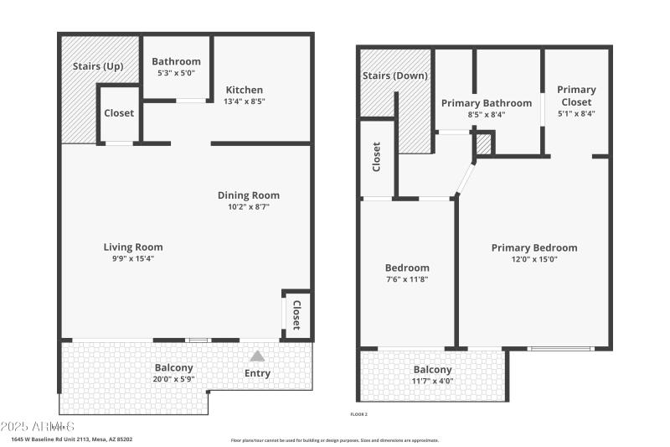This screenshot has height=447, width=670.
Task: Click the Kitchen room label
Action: click(x=244, y=90)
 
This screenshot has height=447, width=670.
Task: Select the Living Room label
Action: click(x=133, y=247)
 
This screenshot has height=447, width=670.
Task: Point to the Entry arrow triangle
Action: click(x=257, y=356)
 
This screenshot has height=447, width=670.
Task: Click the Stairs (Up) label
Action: click(x=92, y=66)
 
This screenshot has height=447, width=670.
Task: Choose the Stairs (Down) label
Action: click(x=394, y=75)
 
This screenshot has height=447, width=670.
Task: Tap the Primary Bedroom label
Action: click(x=533, y=247)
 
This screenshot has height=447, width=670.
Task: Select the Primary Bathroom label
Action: click(x=486, y=103)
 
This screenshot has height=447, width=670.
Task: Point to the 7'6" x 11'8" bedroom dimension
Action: click(x=407, y=279)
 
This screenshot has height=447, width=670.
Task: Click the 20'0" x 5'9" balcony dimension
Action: click(x=174, y=379)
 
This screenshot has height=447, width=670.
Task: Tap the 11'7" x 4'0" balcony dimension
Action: click(x=432, y=381)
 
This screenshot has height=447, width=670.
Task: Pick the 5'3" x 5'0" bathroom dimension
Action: click(x=176, y=73)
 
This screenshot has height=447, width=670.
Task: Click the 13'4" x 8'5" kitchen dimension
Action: click(x=244, y=101)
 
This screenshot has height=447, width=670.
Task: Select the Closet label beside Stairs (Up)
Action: click(x=118, y=113)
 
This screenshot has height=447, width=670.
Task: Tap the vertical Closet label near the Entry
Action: click(x=296, y=314)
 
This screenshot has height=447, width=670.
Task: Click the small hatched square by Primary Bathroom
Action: click(x=483, y=144)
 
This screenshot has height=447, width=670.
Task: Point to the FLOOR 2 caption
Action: click(x=358, y=414)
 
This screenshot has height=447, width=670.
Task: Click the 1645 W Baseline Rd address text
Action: click(x=71, y=439)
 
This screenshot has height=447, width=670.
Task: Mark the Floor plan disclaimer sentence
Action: click(x=334, y=439)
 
